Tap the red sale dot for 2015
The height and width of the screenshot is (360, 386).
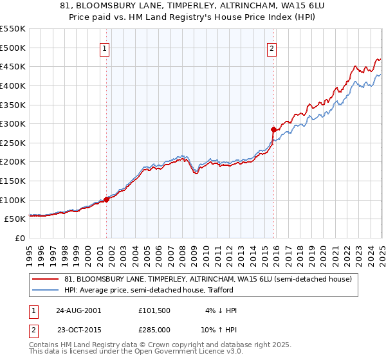click(x=273, y=129)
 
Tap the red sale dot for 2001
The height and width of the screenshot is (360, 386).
click(x=107, y=199)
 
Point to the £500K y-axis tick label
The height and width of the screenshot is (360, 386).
click(x=13, y=48)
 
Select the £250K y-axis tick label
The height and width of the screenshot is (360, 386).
click(x=13, y=143)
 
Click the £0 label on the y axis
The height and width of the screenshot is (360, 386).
click(x=20, y=238)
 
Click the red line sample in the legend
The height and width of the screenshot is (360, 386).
click(x=46, y=280)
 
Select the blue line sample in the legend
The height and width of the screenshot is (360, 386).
click(x=46, y=291)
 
